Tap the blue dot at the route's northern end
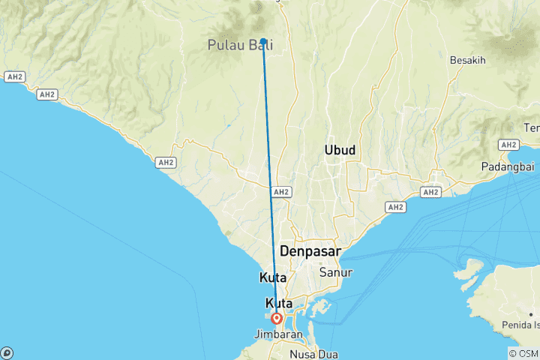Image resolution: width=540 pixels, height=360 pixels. pyautogui.click(x=264, y=42)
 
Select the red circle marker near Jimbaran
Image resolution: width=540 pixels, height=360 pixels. pyautogui.click(x=277, y=317)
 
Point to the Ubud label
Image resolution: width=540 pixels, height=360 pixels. pyautogui.click(x=340, y=151)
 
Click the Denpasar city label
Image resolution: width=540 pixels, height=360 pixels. pyautogui.click(x=310, y=250)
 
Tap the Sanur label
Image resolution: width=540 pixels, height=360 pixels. pyautogui.click(x=334, y=272)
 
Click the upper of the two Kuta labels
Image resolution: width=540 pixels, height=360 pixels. pyautogui.click(x=273, y=277)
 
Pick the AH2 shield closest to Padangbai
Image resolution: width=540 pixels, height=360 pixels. pyautogui.click(x=508, y=144)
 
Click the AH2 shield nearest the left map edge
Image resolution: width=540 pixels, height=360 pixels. pyautogui.click(x=14, y=76)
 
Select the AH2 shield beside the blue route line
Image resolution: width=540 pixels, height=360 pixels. pyautogui.click(x=281, y=192)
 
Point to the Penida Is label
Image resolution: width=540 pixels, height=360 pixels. pyautogui.click(x=522, y=325)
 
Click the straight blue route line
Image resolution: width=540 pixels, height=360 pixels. pyautogui.click(x=270, y=180)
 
